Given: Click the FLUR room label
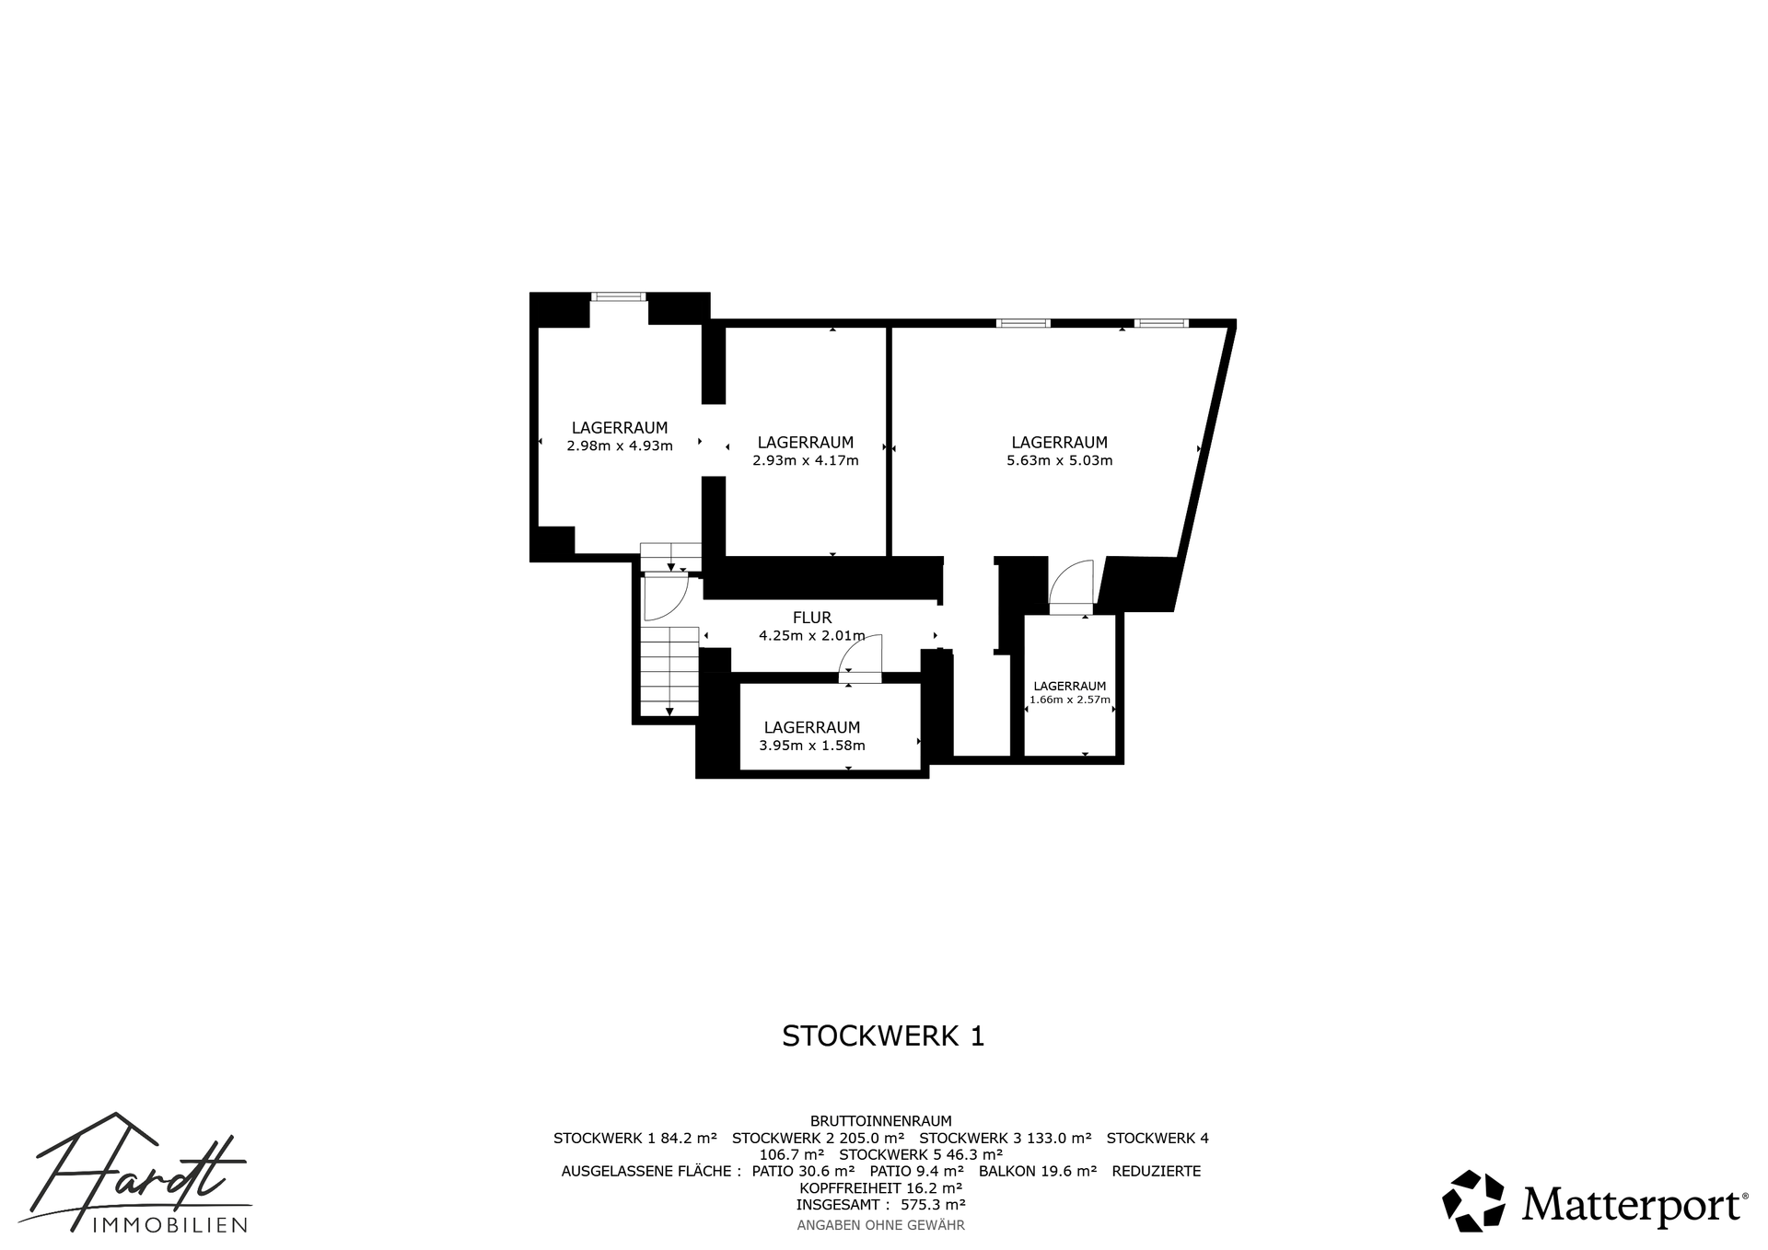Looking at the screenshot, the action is (812, 618).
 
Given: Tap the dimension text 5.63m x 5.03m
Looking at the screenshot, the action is (1060, 460).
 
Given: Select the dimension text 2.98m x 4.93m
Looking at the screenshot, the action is (620, 446).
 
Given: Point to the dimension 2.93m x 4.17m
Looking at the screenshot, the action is (806, 460).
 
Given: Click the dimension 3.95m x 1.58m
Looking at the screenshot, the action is (812, 746).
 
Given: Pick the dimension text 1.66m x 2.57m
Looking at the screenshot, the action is (1070, 700).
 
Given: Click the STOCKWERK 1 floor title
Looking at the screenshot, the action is (883, 1036).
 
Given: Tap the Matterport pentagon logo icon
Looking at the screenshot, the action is (1473, 1200).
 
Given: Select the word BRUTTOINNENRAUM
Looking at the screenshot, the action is (881, 1121).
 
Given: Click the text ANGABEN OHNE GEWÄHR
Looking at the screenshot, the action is (881, 1225).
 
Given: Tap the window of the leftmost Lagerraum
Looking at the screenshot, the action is (619, 296).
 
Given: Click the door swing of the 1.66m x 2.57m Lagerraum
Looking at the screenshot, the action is (1071, 584).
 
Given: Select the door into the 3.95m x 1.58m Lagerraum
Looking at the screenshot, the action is (861, 658).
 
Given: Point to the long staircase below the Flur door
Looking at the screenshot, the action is (669, 671).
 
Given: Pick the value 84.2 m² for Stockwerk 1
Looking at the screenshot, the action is (689, 1138).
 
